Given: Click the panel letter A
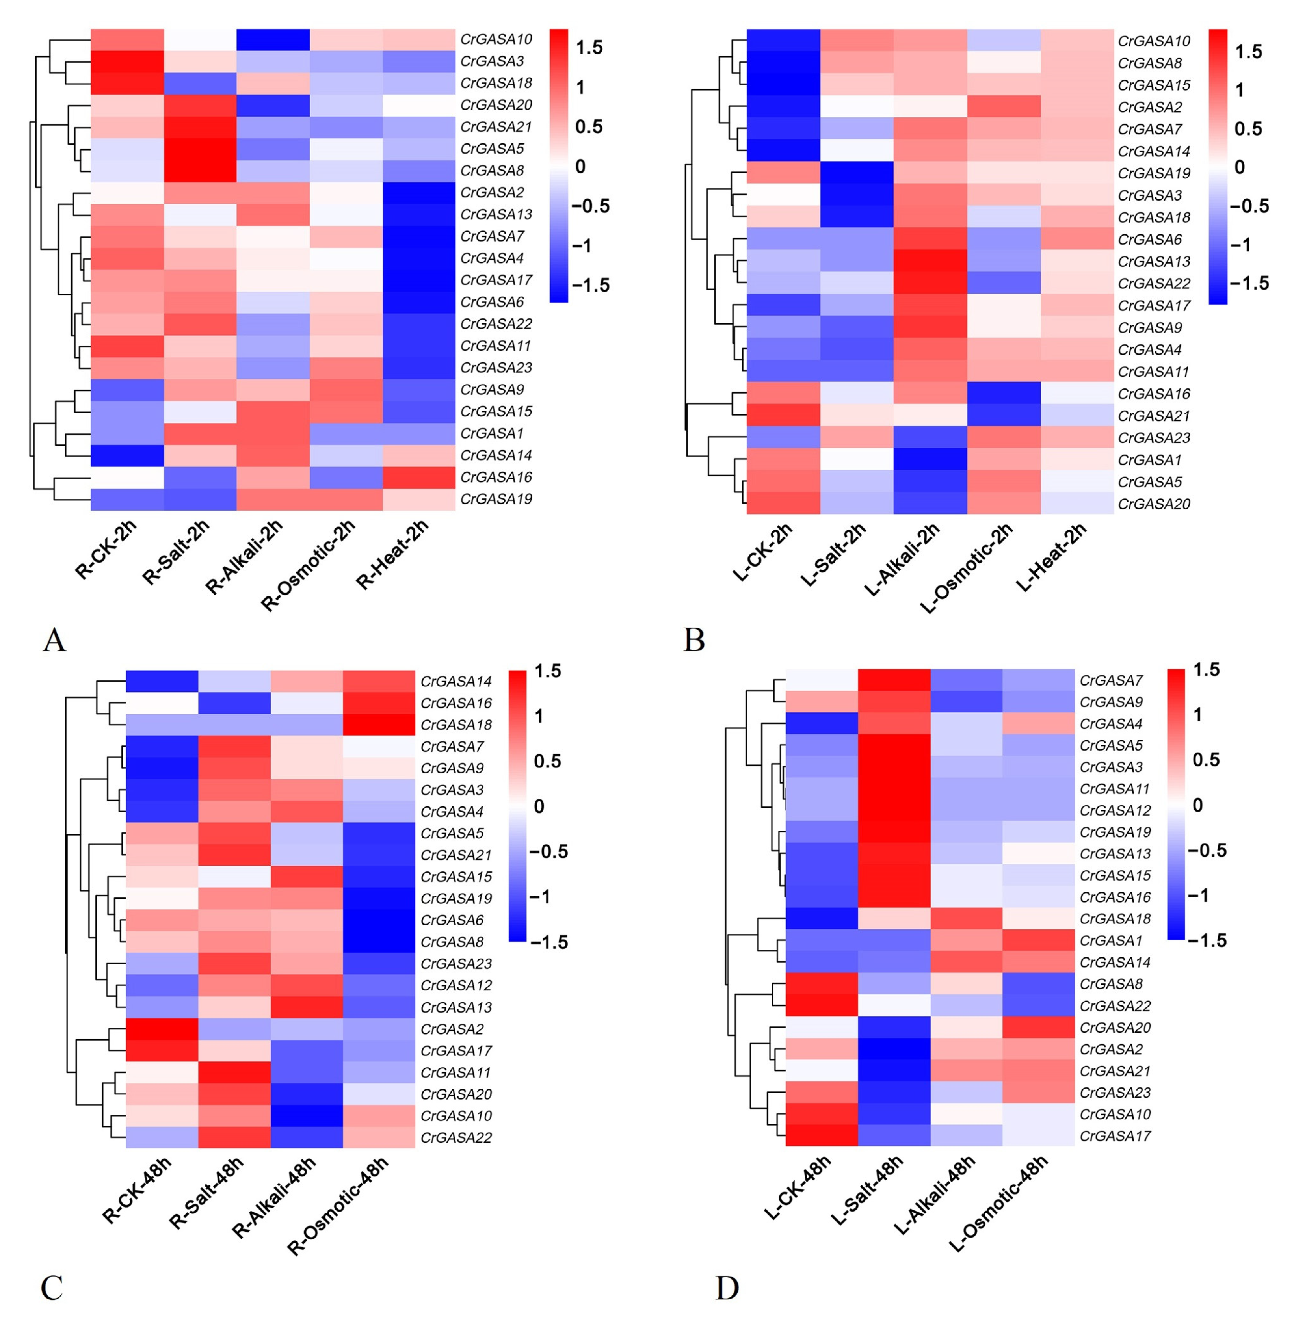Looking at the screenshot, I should (54, 640).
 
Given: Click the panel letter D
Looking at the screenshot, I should (727, 1288).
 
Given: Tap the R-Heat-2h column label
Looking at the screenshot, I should (392, 555).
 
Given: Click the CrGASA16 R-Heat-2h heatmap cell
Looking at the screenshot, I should (418, 477).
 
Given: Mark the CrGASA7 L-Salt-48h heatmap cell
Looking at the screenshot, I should (894, 680).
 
